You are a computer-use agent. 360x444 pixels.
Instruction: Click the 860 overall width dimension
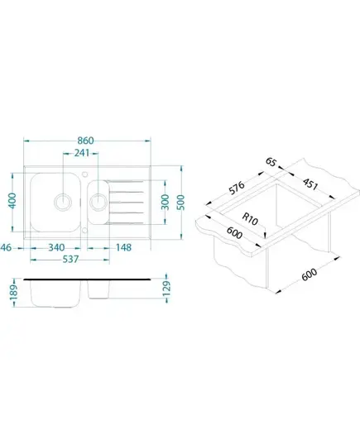tap(85, 141)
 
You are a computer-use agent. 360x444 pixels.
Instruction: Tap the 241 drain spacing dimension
tap(82, 153)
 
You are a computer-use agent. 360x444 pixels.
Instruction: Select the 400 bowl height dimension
tap(12, 200)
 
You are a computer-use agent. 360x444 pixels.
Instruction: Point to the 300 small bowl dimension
tap(165, 202)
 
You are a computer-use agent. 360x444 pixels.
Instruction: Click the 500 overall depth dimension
tap(180, 203)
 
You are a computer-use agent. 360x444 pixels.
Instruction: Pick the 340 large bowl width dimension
tap(56, 248)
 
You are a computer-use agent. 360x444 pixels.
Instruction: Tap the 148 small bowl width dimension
tap(123, 248)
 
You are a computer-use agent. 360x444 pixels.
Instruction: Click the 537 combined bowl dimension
tap(70, 259)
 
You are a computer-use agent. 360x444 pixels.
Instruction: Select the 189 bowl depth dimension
tap(13, 292)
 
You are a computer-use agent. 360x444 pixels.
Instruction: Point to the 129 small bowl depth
tap(166, 289)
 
